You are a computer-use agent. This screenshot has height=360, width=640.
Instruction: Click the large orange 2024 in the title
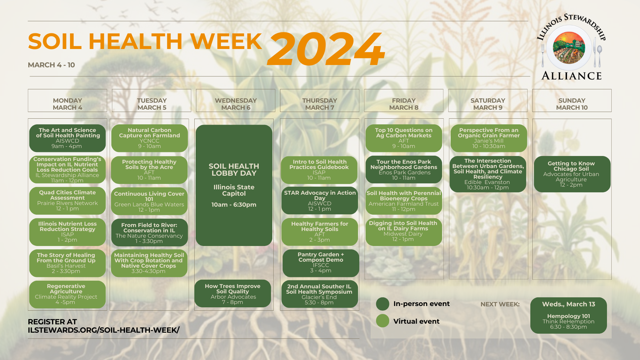click(x=326, y=49)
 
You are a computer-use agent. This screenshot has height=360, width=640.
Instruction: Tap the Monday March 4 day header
click(x=67, y=100)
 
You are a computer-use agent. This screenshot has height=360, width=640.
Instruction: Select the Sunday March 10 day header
click(x=572, y=100)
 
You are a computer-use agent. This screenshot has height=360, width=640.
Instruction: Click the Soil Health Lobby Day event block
click(x=234, y=185)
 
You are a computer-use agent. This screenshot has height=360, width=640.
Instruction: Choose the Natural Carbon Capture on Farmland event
click(x=149, y=138)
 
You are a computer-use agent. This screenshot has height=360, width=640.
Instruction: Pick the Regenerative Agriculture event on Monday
click(x=67, y=294)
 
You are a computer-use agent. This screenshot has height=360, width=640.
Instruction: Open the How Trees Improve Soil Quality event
click(x=233, y=294)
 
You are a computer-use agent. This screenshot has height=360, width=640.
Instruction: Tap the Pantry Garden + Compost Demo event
click(x=321, y=263)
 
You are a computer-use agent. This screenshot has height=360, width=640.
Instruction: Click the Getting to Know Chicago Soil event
click(x=572, y=174)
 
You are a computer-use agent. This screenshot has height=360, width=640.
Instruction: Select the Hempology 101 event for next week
click(x=569, y=315)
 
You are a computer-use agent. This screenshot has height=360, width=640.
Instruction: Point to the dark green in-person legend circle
click(x=383, y=304)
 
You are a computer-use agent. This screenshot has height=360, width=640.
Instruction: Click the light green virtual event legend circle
click(x=383, y=321)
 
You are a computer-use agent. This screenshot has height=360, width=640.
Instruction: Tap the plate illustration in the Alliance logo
click(x=569, y=48)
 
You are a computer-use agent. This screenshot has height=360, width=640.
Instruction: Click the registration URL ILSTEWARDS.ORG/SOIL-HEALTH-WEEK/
click(x=104, y=330)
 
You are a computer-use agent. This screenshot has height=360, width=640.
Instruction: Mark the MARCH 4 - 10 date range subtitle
click(x=51, y=65)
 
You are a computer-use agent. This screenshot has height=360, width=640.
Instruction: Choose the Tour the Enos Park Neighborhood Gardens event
click(x=404, y=170)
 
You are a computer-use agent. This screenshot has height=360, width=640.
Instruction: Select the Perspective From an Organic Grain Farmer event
click(x=489, y=138)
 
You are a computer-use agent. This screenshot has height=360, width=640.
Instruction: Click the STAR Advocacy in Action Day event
click(x=320, y=201)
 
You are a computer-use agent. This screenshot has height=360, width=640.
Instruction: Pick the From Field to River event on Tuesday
click(x=149, y=233)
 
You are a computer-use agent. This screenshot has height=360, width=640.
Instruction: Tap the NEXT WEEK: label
click(x=500, y=304)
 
